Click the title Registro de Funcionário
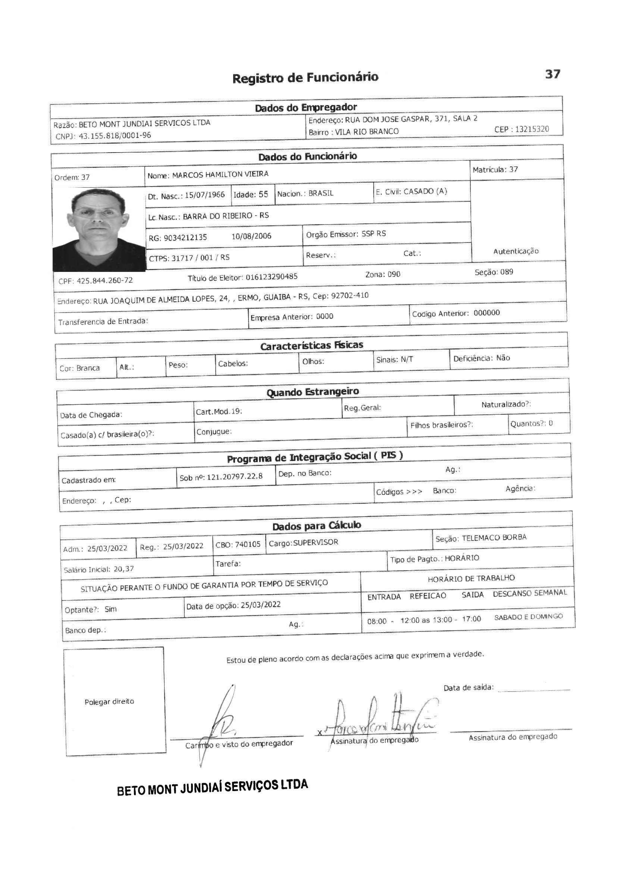point(305,78)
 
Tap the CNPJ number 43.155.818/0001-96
point(115,136)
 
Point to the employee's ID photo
point(99,230)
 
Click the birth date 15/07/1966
point(205,195)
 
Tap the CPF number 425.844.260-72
point(104,281)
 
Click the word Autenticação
point(516,251)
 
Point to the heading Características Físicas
point(311,346)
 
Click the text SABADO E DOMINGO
point(528,617)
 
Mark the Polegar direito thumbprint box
point(115,701)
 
